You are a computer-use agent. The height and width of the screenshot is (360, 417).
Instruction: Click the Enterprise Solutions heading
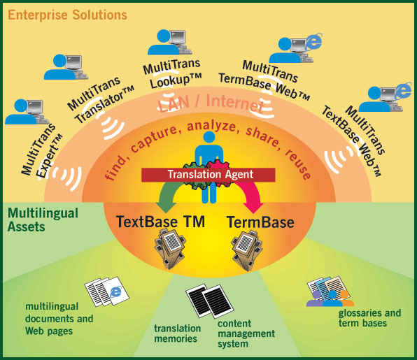click(x=68, y=15)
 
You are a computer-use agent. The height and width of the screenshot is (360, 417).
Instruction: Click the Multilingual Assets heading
click(x=43, y=220)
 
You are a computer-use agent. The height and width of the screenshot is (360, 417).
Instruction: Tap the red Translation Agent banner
click(x=208, y=175)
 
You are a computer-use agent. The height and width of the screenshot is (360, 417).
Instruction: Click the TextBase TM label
click(x=160, y=222)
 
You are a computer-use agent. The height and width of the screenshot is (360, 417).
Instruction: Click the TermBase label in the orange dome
click(x=260, y=222)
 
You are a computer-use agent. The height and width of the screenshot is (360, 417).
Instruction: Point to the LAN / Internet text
click(x=211, y=103)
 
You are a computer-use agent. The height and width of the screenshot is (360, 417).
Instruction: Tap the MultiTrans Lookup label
click(x=172, y=73)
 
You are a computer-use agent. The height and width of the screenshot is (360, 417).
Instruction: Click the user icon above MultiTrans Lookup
click(x=170, y=43)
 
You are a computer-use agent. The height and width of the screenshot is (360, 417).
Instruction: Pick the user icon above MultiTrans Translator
click(x=66, y=67)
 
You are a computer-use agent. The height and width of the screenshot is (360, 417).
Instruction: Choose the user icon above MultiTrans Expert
click(x=27, y=112)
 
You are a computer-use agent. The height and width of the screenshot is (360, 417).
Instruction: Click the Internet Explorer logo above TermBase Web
click(x=313, y=41)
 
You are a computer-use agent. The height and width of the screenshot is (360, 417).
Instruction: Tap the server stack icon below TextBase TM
click(x=170, y=250)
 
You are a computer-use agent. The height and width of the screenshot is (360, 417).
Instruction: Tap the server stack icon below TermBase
click(x=246, y=250)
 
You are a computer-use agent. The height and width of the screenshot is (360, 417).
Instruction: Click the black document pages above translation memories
click(x=210, y=301)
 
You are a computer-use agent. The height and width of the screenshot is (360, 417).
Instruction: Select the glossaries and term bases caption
click(x=369, y=318)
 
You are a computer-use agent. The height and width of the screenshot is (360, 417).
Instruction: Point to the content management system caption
click(x=246, y=333)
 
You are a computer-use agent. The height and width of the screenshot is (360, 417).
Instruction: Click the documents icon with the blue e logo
click(x=106, y=291)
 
